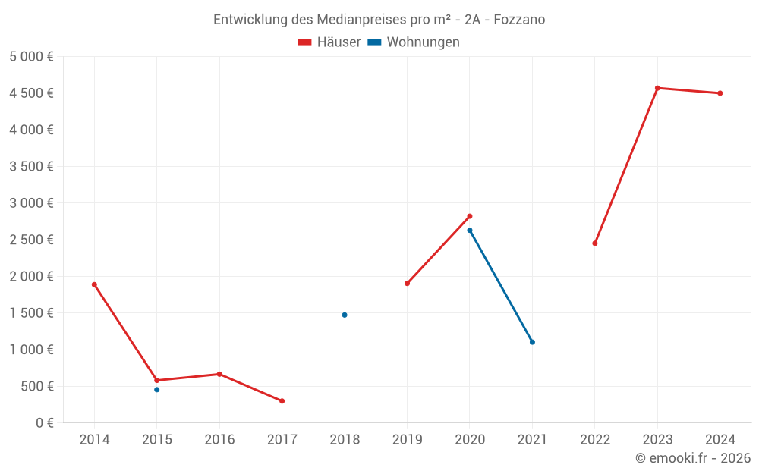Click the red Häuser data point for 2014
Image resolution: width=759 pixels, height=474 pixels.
(94, 284)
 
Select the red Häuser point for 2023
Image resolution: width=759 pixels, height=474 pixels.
(657, 88)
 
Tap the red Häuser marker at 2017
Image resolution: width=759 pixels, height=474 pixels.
(282, 401)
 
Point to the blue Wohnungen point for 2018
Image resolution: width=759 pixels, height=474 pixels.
(345, 315)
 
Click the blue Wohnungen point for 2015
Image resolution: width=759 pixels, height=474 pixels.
(157, 390)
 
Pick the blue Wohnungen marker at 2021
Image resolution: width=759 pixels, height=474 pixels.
(532, 342)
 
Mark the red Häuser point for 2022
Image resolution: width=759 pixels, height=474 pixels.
(595, 243)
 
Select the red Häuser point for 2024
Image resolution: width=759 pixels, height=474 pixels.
(720, 93)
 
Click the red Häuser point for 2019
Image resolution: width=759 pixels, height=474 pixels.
(407, 284)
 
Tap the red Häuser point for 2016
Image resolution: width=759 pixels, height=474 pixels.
(219, 374)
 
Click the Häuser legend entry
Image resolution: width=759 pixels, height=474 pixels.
(329, 42)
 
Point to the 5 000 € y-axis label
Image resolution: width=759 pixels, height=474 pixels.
(31, 57)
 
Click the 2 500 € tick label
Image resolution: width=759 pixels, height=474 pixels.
(31, 240)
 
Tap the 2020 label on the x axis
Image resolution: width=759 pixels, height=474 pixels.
(470, 440)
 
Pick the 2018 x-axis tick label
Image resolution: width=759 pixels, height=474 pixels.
(345, 440)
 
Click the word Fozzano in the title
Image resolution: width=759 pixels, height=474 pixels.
(519, 20)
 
